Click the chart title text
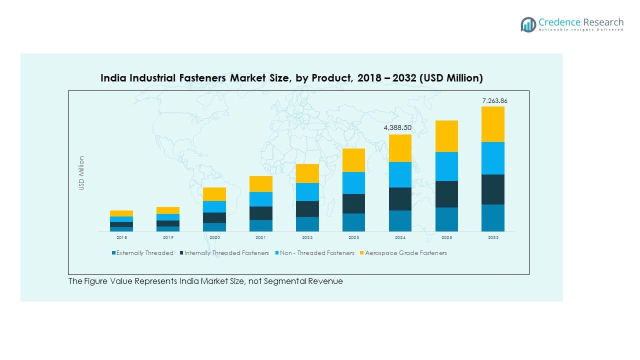point(291,78)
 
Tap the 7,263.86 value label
point(494,101)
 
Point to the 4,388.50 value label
point(397,128)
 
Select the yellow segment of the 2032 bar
point(493,124)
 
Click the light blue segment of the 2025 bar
point(446,166)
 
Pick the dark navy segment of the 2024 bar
point(400,198)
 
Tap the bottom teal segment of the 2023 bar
point(353,222)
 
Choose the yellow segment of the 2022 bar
point(307,173)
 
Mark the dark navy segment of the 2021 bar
point(260,213)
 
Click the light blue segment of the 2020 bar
point(214,206)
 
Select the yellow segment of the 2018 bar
point(121,213)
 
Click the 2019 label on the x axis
point(167,237)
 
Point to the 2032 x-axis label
point(493,237)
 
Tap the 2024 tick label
point(400,237)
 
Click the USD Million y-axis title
point(81,173)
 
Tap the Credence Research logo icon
point(528,24)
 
